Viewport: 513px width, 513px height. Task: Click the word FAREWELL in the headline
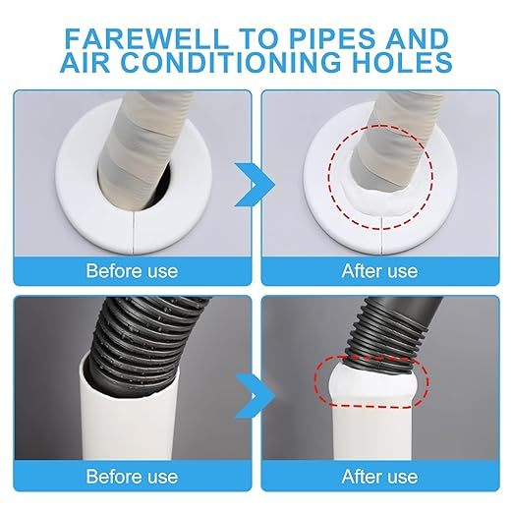[x=145, y=38]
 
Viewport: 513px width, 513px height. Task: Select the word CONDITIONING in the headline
[x=233, y=62]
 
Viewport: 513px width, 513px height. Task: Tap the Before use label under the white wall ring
[x=132, y=271]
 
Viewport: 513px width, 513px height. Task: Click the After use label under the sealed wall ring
[x=379, y=271]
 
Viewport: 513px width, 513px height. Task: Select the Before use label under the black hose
[x=132, y=477]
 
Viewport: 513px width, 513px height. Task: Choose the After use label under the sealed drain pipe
[x=379, y=477]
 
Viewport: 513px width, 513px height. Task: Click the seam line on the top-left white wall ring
[x=134, y=233]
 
